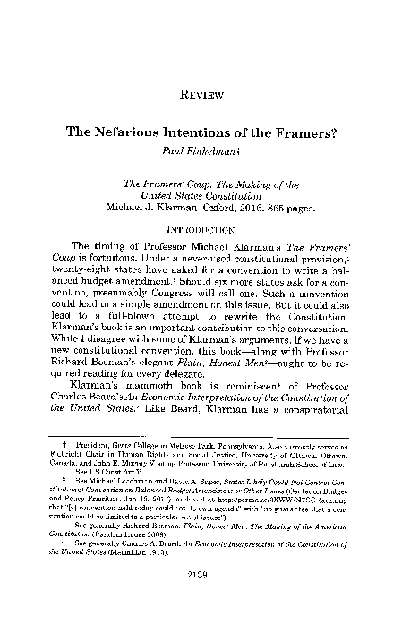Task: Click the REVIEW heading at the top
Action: point(209,92)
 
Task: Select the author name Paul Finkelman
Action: point(209,149)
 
